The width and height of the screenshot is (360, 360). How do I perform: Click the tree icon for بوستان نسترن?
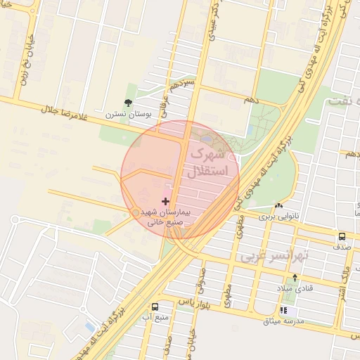[127, 103]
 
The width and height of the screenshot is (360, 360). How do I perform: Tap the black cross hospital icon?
[165, 202]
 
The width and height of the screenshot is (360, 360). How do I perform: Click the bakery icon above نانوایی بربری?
[280, 206]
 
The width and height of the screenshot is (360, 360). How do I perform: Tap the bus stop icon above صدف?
[342, 236]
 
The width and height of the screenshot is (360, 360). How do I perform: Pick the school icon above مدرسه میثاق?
[283, 310]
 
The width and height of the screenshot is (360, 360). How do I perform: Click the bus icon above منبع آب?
[155, 307]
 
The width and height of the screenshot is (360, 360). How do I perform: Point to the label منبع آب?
[155, 317]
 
